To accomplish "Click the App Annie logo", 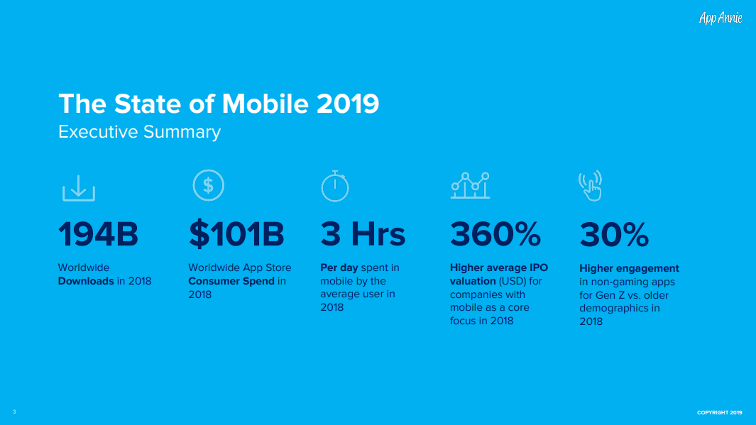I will (721, 18).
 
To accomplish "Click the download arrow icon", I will (79, 187).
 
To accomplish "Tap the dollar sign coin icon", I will (208, 185).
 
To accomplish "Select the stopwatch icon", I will (334, 186).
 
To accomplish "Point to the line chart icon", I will (470, 185).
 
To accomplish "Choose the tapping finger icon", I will (591, 186).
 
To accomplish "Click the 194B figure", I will (98, 234).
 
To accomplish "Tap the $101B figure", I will (236, 234).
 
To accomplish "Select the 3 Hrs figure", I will (363, 234).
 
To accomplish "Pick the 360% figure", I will (495, 234).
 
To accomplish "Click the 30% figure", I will (614, 234).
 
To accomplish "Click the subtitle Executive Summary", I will (139, 132).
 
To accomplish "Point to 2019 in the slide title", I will (348, 104).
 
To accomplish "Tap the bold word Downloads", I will (86, 281).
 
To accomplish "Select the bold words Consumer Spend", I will (231, 281).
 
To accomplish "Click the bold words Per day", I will (339, 267).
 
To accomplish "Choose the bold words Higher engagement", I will (629, 268).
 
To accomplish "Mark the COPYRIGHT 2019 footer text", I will (719, 413).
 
